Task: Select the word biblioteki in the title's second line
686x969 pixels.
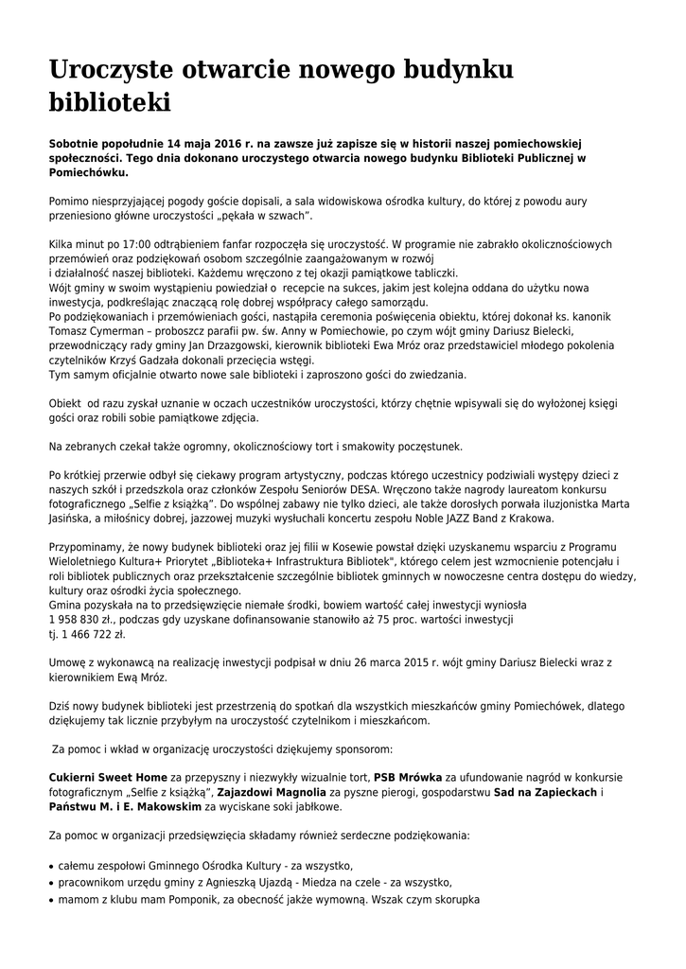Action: pyautogui.click(x=109, y=102)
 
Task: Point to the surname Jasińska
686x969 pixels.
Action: pyautogui.click(x=72, y=519)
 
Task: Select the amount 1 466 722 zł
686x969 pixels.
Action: pyautogui.click(x=87, y=634)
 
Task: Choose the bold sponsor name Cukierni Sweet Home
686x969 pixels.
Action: pyautogui.click(x=107, y=777)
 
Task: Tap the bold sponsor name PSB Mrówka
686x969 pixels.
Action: pyautogui.click(x=408, y=777)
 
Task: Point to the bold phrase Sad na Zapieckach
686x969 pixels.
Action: pyautogui.click(x=545, y=792)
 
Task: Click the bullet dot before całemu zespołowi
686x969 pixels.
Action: pyautogui.click(x=51, y=867)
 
